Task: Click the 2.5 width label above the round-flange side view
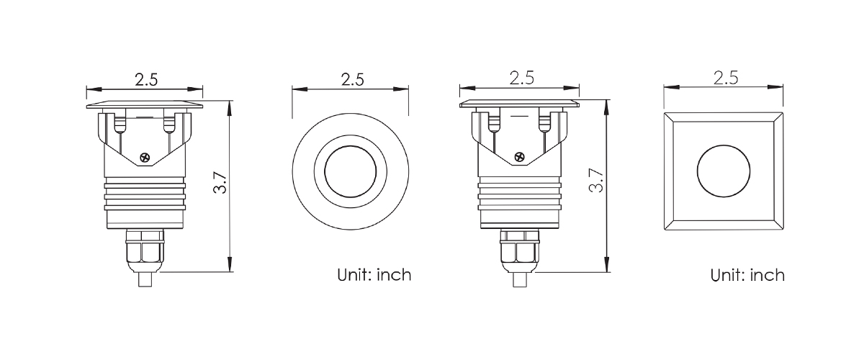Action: pos(146,80)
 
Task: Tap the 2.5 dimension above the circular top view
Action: pos(353,79)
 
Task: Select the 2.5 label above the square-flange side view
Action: pos(521,78)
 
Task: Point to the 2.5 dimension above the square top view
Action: pos(726,78)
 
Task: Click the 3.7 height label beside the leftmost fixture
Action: pos(220,182)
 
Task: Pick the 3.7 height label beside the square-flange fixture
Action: pos(596,181)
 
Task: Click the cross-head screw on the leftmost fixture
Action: pos(145,158)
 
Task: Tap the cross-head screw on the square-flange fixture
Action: pos(520,157)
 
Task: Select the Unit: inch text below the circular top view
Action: pos(374,275)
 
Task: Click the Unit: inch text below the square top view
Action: pos(747,276)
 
